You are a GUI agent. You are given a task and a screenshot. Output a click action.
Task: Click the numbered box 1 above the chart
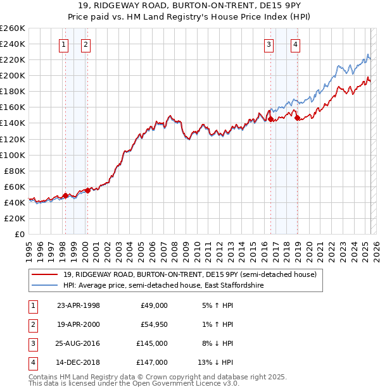click(x=64, y=44)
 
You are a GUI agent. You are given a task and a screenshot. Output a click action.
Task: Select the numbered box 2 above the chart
click(x=85, y=44)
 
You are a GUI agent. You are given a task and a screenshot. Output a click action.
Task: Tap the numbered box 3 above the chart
click(x=269, y=44)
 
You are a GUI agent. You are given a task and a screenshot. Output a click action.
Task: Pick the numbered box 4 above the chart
click(x=296, y=44)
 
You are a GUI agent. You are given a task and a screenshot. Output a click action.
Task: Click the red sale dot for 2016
click(x=270, y=119)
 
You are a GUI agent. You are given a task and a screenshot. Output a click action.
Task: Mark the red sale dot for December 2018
click(x=296, y=117)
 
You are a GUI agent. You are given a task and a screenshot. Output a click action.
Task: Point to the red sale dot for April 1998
click(x=65, y=195)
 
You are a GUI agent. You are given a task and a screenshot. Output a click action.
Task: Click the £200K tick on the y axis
click(x=13, y=75)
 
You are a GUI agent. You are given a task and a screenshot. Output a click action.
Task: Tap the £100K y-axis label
click(x=13, y=154)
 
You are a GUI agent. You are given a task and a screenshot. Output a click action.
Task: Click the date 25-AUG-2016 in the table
click(x=79, y=343)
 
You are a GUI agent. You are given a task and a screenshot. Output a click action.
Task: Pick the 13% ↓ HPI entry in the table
click(x=216, y=362)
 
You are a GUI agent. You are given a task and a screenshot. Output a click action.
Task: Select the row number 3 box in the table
click(x=32, y=343)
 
